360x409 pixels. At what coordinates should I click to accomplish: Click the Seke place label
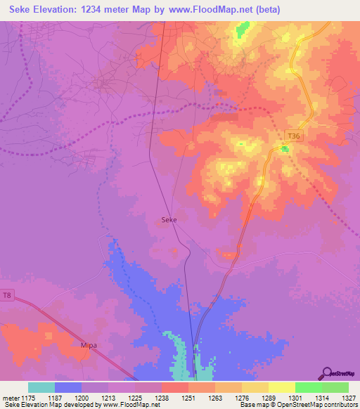[x=169, y=220]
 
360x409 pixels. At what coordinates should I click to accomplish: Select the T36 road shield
[x=294, y=135]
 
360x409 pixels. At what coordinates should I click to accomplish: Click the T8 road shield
[x=8, y=294]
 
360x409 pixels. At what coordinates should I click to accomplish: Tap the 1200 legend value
[x=82, y=398]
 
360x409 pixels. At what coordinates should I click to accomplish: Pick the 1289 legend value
[x=269, y=398]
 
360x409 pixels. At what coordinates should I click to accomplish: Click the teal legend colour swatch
[x=41, y=387]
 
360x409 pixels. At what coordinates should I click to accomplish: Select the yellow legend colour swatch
[x=281, y=387]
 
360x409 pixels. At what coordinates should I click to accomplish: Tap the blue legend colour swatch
[x=68, y=387]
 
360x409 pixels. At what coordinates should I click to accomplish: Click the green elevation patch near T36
[x=285, y=148]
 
